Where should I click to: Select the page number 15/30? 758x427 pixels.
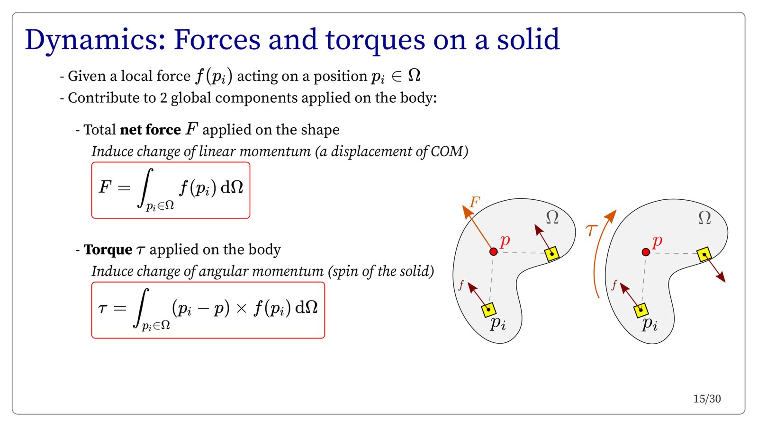coord(707,399)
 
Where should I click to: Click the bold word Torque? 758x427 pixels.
coord(108,250)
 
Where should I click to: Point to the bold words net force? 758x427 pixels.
coord(150,130)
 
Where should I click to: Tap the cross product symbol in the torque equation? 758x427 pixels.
coord(241,308)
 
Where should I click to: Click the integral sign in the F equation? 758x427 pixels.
coord(145,187)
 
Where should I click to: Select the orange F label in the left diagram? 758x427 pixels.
coord(475,202)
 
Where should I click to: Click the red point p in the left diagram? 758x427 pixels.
coord(493,251)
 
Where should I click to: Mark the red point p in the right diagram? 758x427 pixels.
coord(646,252)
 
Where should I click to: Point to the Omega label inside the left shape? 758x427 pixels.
coord(552,217)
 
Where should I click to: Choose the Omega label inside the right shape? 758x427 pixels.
coord(704,218)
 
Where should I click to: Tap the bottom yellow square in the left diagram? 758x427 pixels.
coord(488,310)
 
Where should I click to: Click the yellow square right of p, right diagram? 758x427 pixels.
coord(704,254)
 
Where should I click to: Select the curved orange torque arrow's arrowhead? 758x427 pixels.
coord(611,216)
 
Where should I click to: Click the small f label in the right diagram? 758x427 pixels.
coord(614,285)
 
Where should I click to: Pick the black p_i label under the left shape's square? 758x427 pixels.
coord(498,323)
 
